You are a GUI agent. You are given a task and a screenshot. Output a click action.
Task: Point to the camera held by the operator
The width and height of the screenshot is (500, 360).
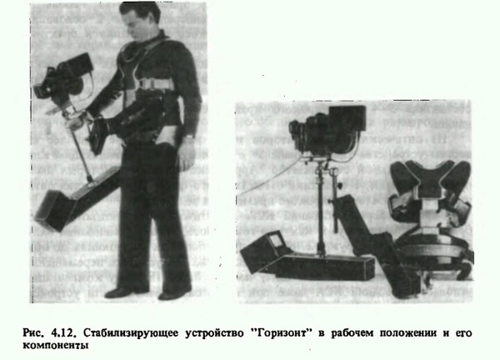click(64, 77)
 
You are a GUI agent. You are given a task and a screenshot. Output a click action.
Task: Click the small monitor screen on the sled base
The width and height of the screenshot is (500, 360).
click(277, 240)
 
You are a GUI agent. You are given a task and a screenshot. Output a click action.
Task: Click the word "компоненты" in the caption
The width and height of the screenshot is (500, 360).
click(55, 346)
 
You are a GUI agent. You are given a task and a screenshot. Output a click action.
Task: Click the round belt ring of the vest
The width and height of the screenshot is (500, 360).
click(433, 252)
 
